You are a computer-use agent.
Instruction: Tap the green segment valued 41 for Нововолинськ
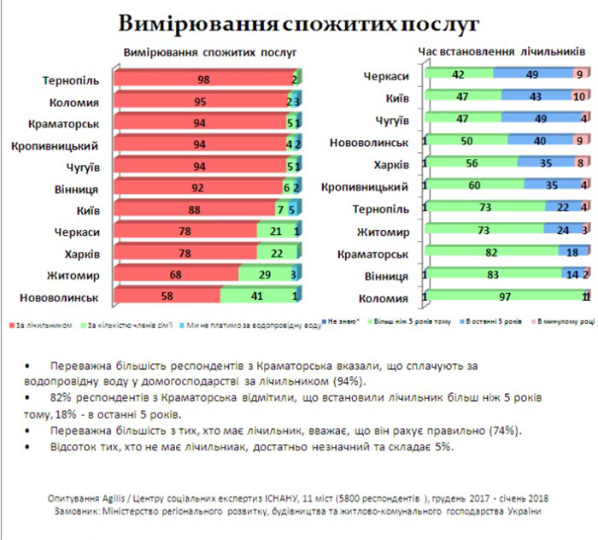[256, 320]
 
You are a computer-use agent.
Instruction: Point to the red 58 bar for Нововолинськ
[167, 320]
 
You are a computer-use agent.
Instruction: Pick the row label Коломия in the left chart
[75, 104]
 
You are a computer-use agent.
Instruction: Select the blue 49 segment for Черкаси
[531, 75]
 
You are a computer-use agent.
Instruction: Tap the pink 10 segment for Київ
[580, 97]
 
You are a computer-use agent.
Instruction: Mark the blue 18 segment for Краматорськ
[572, 253]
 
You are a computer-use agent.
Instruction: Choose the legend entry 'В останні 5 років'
[493, 348]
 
